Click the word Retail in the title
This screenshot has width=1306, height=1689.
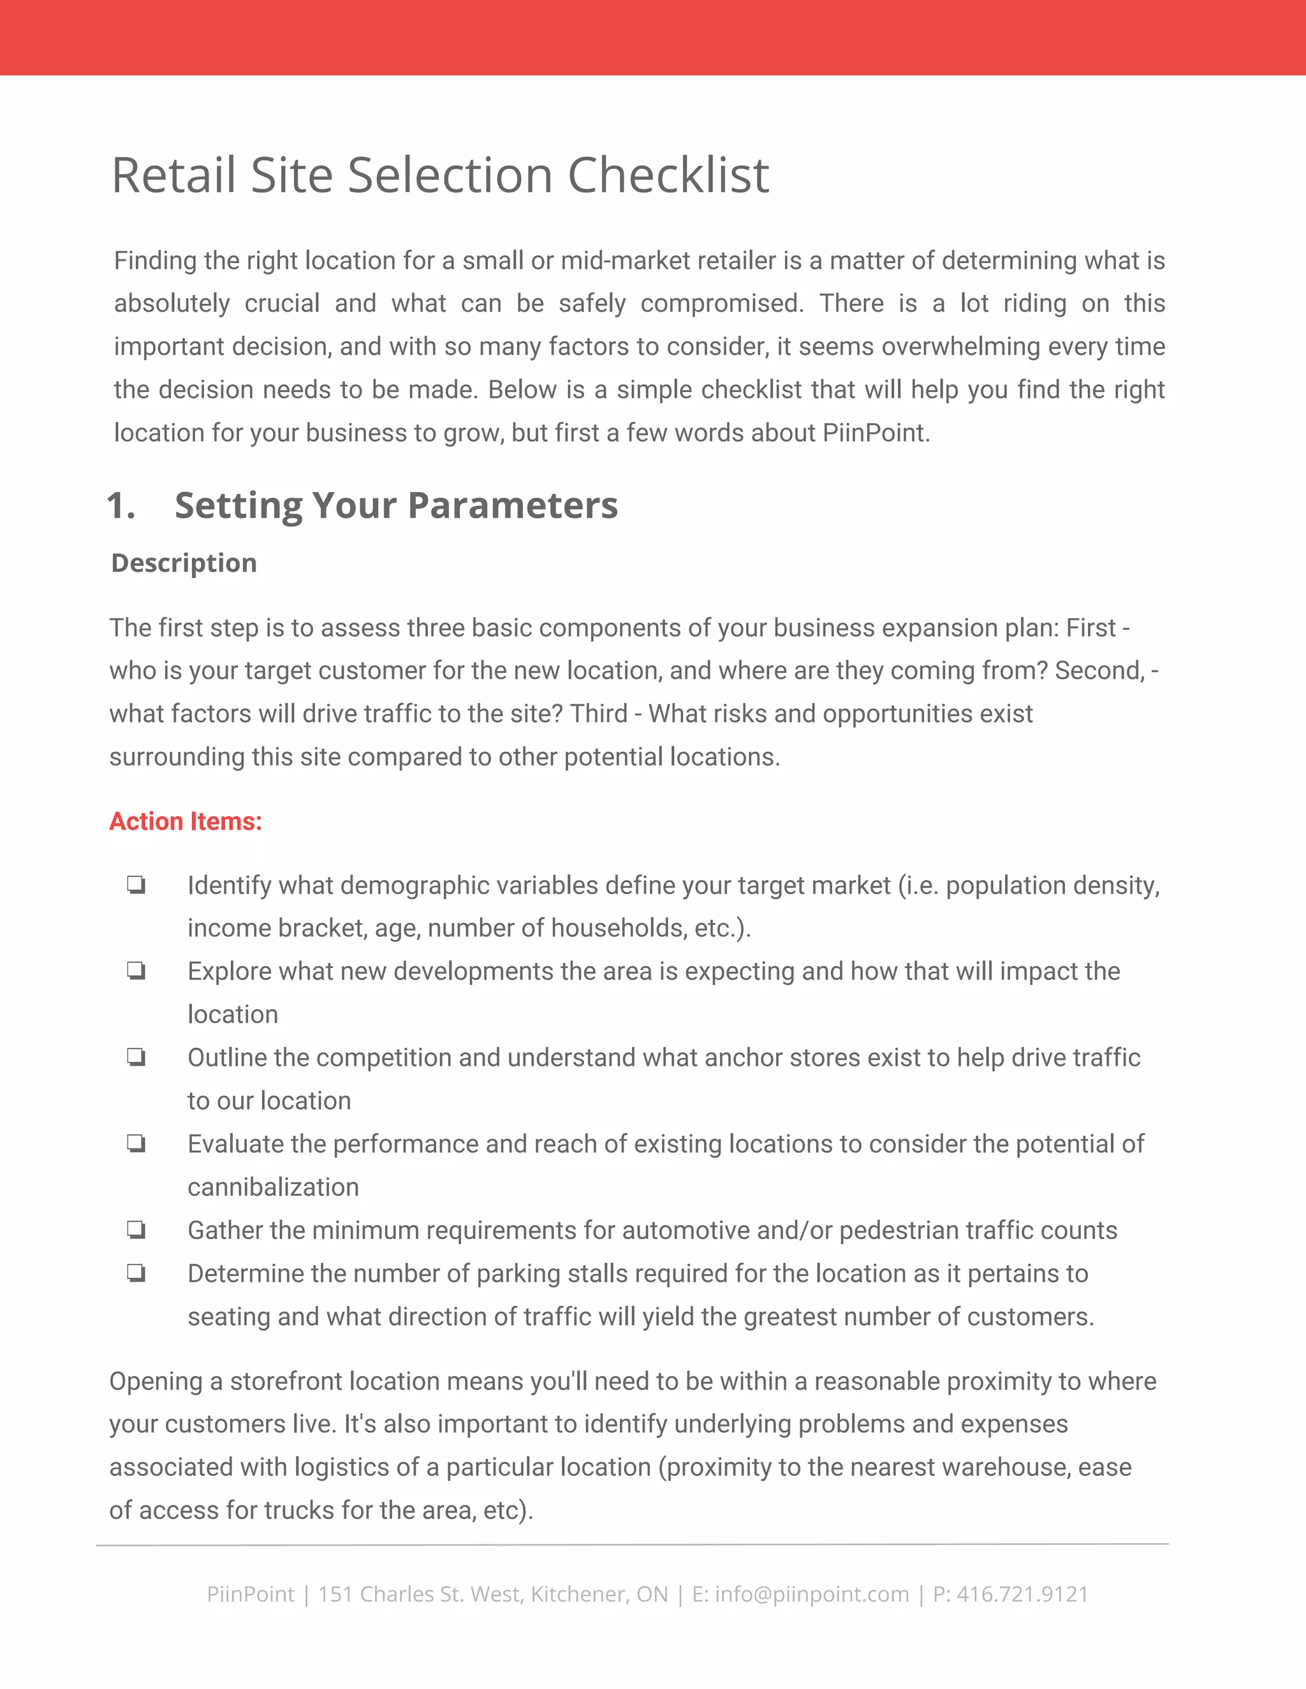click(x=173, y=175)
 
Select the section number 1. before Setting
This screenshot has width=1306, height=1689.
click(x=121, y=506)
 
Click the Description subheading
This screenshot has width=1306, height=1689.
click(x=184, y=563)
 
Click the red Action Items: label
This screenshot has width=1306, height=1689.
click(x=186, y=822)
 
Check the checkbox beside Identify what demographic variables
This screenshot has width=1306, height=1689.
click(x=136, y=885)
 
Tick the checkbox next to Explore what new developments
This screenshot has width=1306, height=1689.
click(x=136, y=971)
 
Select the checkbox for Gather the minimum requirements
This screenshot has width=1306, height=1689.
click(x=136, y=1229)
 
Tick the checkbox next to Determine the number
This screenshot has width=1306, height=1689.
click(x=136, y=1273)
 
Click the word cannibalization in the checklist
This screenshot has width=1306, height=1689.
click(x=273, y=1187)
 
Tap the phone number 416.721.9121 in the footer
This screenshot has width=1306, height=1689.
click(x=1022, y=1594)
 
